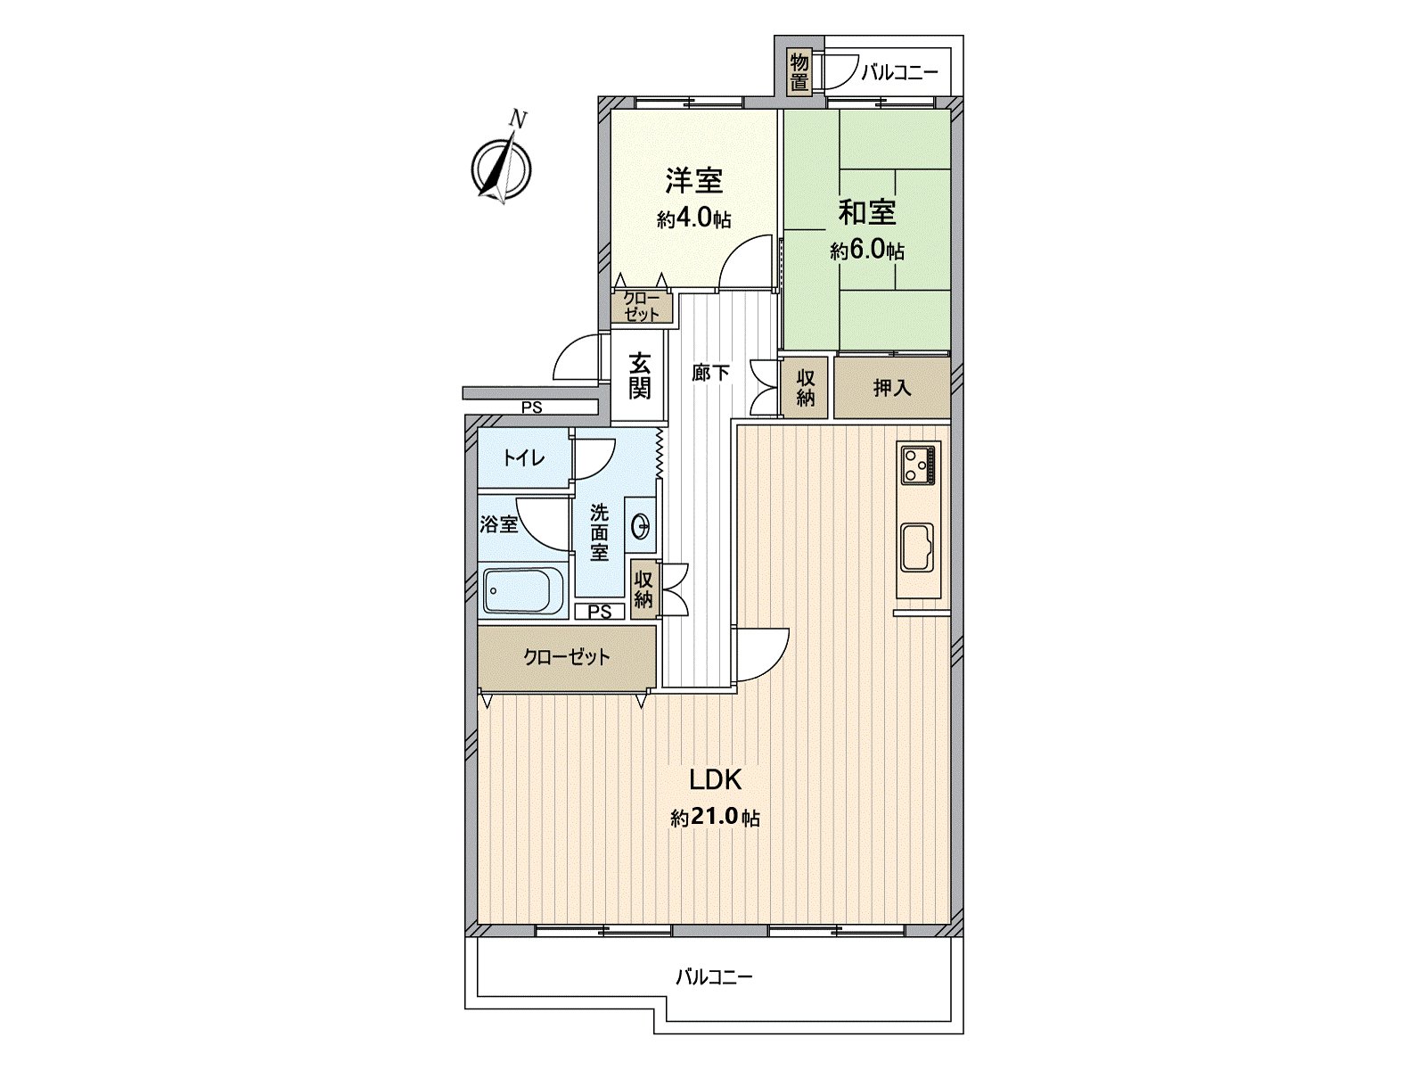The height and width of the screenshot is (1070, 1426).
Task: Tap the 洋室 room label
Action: [x=693, y=181]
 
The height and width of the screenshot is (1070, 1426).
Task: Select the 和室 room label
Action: [x=866, y=212]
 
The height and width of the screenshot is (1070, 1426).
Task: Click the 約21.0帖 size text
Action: [x=715, y=818]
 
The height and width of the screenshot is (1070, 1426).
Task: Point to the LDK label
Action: [x=715, y=780]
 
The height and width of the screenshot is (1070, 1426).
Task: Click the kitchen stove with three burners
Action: [x=919, y=464]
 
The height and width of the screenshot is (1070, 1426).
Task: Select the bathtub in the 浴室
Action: [x=523, y=591]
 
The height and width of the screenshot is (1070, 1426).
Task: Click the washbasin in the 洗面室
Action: [x=639, y=527]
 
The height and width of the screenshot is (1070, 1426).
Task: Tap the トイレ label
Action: [x=523, y=458]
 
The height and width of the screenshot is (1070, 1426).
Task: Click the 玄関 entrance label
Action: [x=639, y=375]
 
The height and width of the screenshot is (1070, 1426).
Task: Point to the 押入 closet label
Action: [x=891, y=388]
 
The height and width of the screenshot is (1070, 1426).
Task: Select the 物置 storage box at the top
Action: [x=799, y=72]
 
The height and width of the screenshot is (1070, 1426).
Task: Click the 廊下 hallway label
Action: [x=710, y=373]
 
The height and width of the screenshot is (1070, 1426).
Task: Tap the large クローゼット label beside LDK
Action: [x=566, y=658]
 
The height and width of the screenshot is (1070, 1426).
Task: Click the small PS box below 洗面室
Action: [x=600, y=612]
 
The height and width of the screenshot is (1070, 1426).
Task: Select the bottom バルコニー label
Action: [x=713, y=976]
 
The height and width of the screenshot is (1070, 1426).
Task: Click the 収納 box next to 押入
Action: [x=806, y=388]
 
